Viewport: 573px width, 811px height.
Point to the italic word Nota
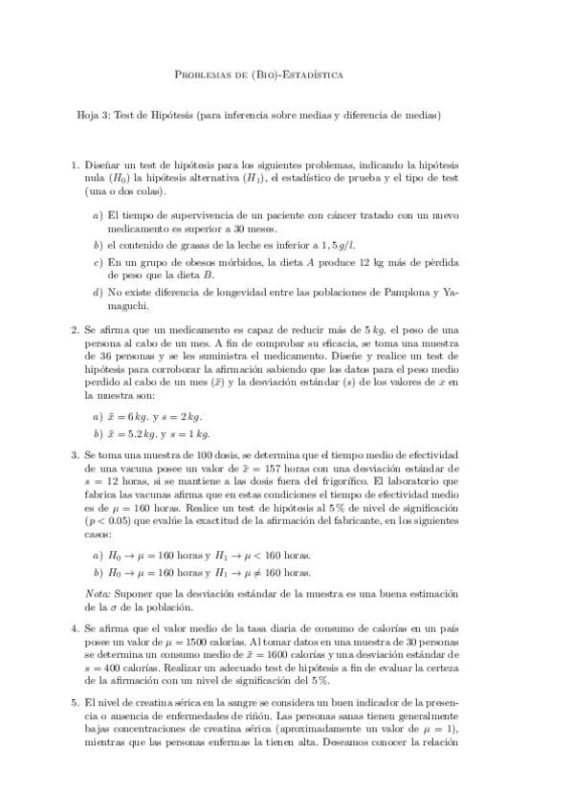tap(99, 595)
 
